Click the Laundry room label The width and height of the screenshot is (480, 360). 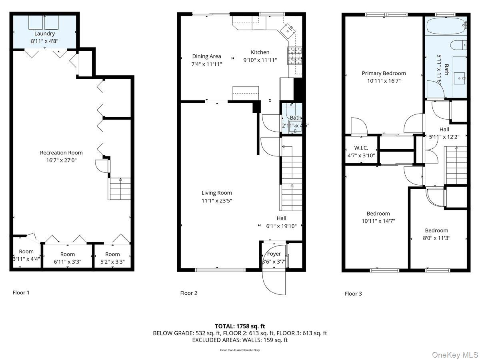click(x=44, y=34)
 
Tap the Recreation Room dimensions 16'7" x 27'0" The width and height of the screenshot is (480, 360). click(x=61, y=160)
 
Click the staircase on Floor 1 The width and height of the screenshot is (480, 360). click(x=120, y=189)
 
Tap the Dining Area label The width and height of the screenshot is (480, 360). click(x=206, y=56)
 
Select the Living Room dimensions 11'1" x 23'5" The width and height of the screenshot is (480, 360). click(x=216, y=200)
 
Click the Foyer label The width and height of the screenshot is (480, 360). click(x=274, y=254)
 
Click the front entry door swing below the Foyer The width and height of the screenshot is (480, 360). click(x=274, y=282)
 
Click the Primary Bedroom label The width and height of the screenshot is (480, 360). click(x=384, y=73)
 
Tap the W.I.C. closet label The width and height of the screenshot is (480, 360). click(x=361, y=148)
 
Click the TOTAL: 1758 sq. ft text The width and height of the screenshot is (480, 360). click(x=240, y=326)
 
